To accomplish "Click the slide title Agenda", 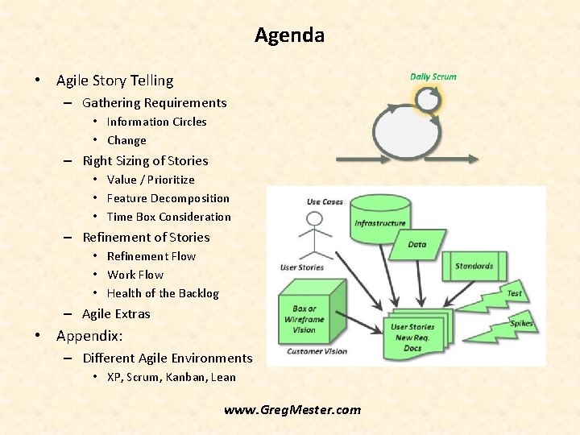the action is point(289,35).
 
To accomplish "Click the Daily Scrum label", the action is point(433,77).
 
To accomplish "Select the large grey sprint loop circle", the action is point(405,134).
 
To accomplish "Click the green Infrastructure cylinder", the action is point(380,216).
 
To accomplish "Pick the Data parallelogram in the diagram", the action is point(416,245).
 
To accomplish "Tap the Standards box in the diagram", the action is point(474,266).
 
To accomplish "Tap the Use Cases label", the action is point(325,201).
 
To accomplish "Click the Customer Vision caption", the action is point(316,351).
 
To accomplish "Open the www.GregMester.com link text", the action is point(292,410).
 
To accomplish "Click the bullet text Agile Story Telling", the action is point(114,81).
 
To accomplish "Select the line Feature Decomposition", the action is point(168,198).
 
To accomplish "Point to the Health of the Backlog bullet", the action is point(163,293).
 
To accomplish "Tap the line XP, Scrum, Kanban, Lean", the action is point(171,377).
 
